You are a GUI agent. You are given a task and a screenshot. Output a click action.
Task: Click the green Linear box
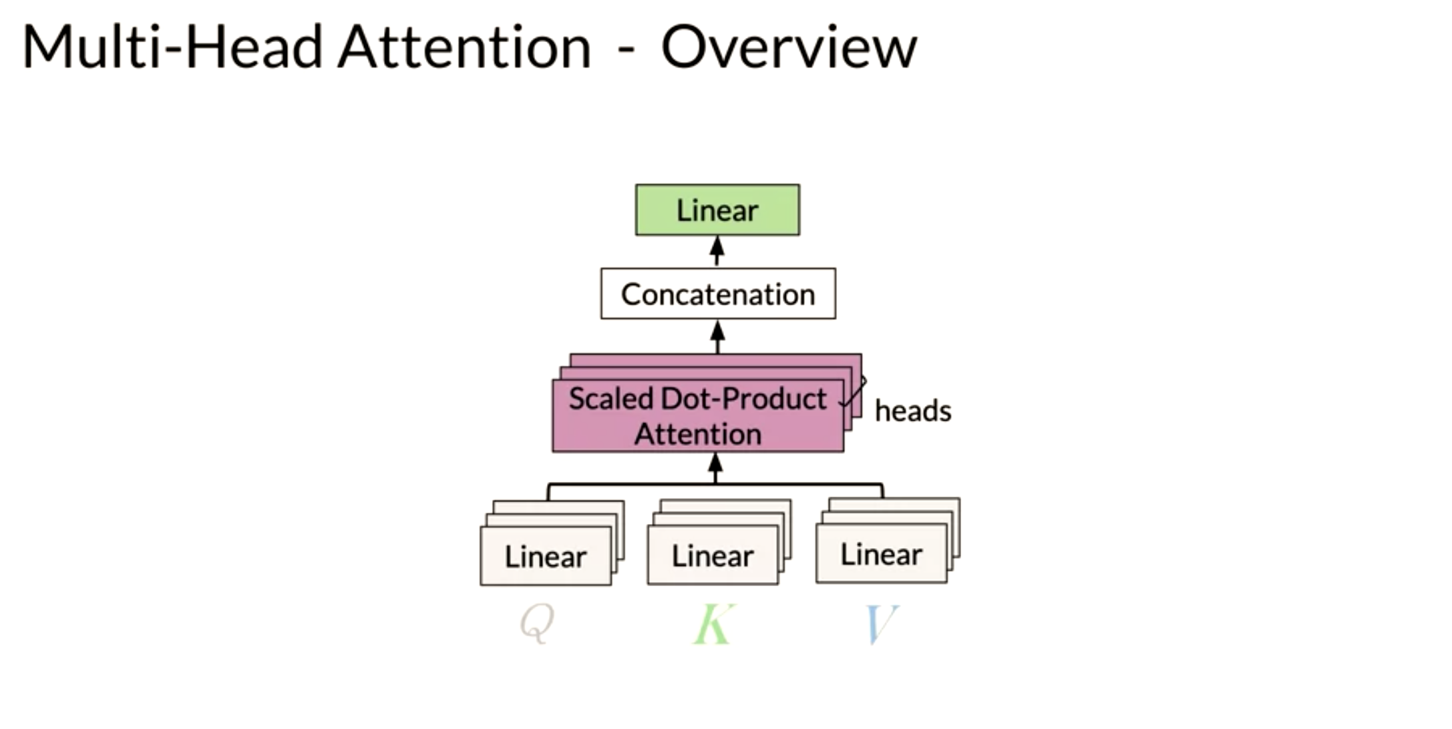pyautogui.click(x=717, y=210)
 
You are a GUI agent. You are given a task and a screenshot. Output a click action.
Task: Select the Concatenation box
pyautogui.click(x=718, y=294)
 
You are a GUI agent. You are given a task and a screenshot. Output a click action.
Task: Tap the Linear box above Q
pyautogui.click(x=546, y=556)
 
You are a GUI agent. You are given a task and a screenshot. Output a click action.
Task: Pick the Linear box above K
pyautogui.click(x=713, y=555)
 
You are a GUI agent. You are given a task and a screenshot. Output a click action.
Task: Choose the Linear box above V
pyautogui.click(x=881, y=554)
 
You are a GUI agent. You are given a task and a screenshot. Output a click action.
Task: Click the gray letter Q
pyautogui.click(x=537, y=623)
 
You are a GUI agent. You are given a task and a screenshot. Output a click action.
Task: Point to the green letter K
pyautogui.click(x=714, y=624)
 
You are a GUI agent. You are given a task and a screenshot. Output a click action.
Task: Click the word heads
pyautogui.click(x=913, y=411)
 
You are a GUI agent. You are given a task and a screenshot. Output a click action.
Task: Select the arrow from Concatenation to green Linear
pyautogui.click(x=717, y=252)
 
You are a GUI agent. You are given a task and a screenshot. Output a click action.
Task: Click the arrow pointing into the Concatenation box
pyautogui.click(x=717, y=336)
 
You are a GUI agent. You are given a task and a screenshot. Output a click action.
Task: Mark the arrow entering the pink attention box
pyautogui.click(x=715, y=468)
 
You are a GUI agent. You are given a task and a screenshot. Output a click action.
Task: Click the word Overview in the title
pyautogui.click(x=789, y=47)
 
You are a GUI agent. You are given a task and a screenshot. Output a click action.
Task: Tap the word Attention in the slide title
pyautogui.click(x=465, y=47)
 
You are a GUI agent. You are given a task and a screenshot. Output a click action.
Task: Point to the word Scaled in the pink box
pyautogui.click(x=610, y=399)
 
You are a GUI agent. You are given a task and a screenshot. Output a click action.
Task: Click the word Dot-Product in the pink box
pyautogui.click(x=743, y=399)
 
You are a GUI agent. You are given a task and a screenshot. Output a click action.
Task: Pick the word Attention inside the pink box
pyautogui.click(x=698, y=434)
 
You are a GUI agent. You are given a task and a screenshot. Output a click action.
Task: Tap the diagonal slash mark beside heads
pyautogui.click(x=853, y=391)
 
